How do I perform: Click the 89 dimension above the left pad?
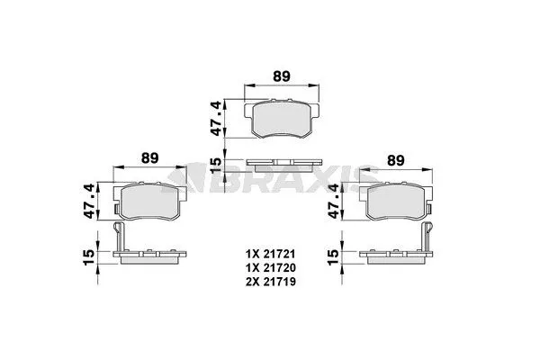[x=150, y=157]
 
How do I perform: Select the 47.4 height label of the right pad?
[x=335, y=201]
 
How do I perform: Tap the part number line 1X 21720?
[x=270, y=266]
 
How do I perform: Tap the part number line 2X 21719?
[x=270, y=282]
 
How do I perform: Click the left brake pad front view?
[x=149, y=202]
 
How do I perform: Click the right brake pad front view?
[x=395, y=202]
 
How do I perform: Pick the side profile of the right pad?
[x=395, y=256]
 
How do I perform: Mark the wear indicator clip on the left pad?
[x=119, y=236]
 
